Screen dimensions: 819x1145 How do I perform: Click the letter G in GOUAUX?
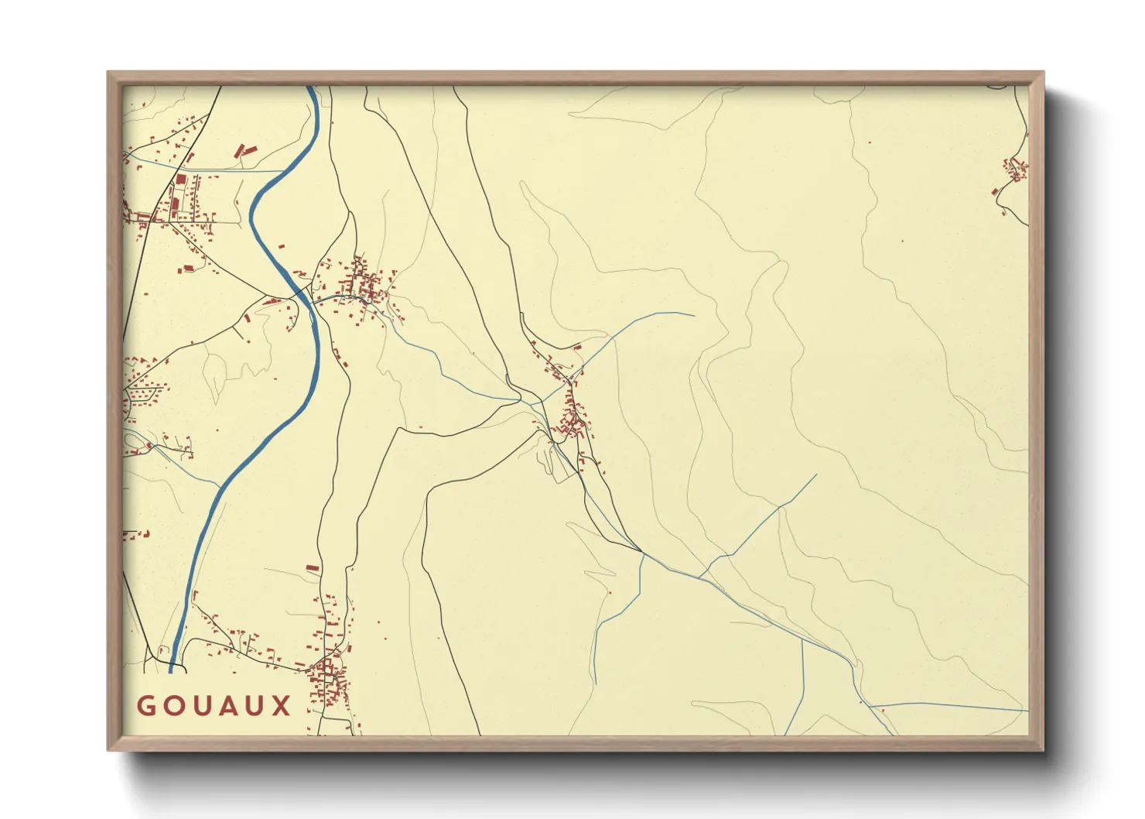146,706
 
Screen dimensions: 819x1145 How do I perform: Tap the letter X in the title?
282,706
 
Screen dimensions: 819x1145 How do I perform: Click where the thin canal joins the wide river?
283,171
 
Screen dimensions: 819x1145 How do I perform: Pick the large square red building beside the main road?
180,180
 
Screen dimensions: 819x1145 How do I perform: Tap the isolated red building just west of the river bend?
281,246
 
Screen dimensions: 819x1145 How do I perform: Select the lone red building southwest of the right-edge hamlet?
995,191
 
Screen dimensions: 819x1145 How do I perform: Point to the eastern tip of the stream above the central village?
693,315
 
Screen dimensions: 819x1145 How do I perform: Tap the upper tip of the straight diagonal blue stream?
816,475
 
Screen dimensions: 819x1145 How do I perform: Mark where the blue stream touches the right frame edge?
1028,710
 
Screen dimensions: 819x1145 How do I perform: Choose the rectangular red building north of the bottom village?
313,568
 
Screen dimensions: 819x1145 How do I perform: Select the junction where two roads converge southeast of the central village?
641,552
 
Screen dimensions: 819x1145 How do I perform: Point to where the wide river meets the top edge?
310,87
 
